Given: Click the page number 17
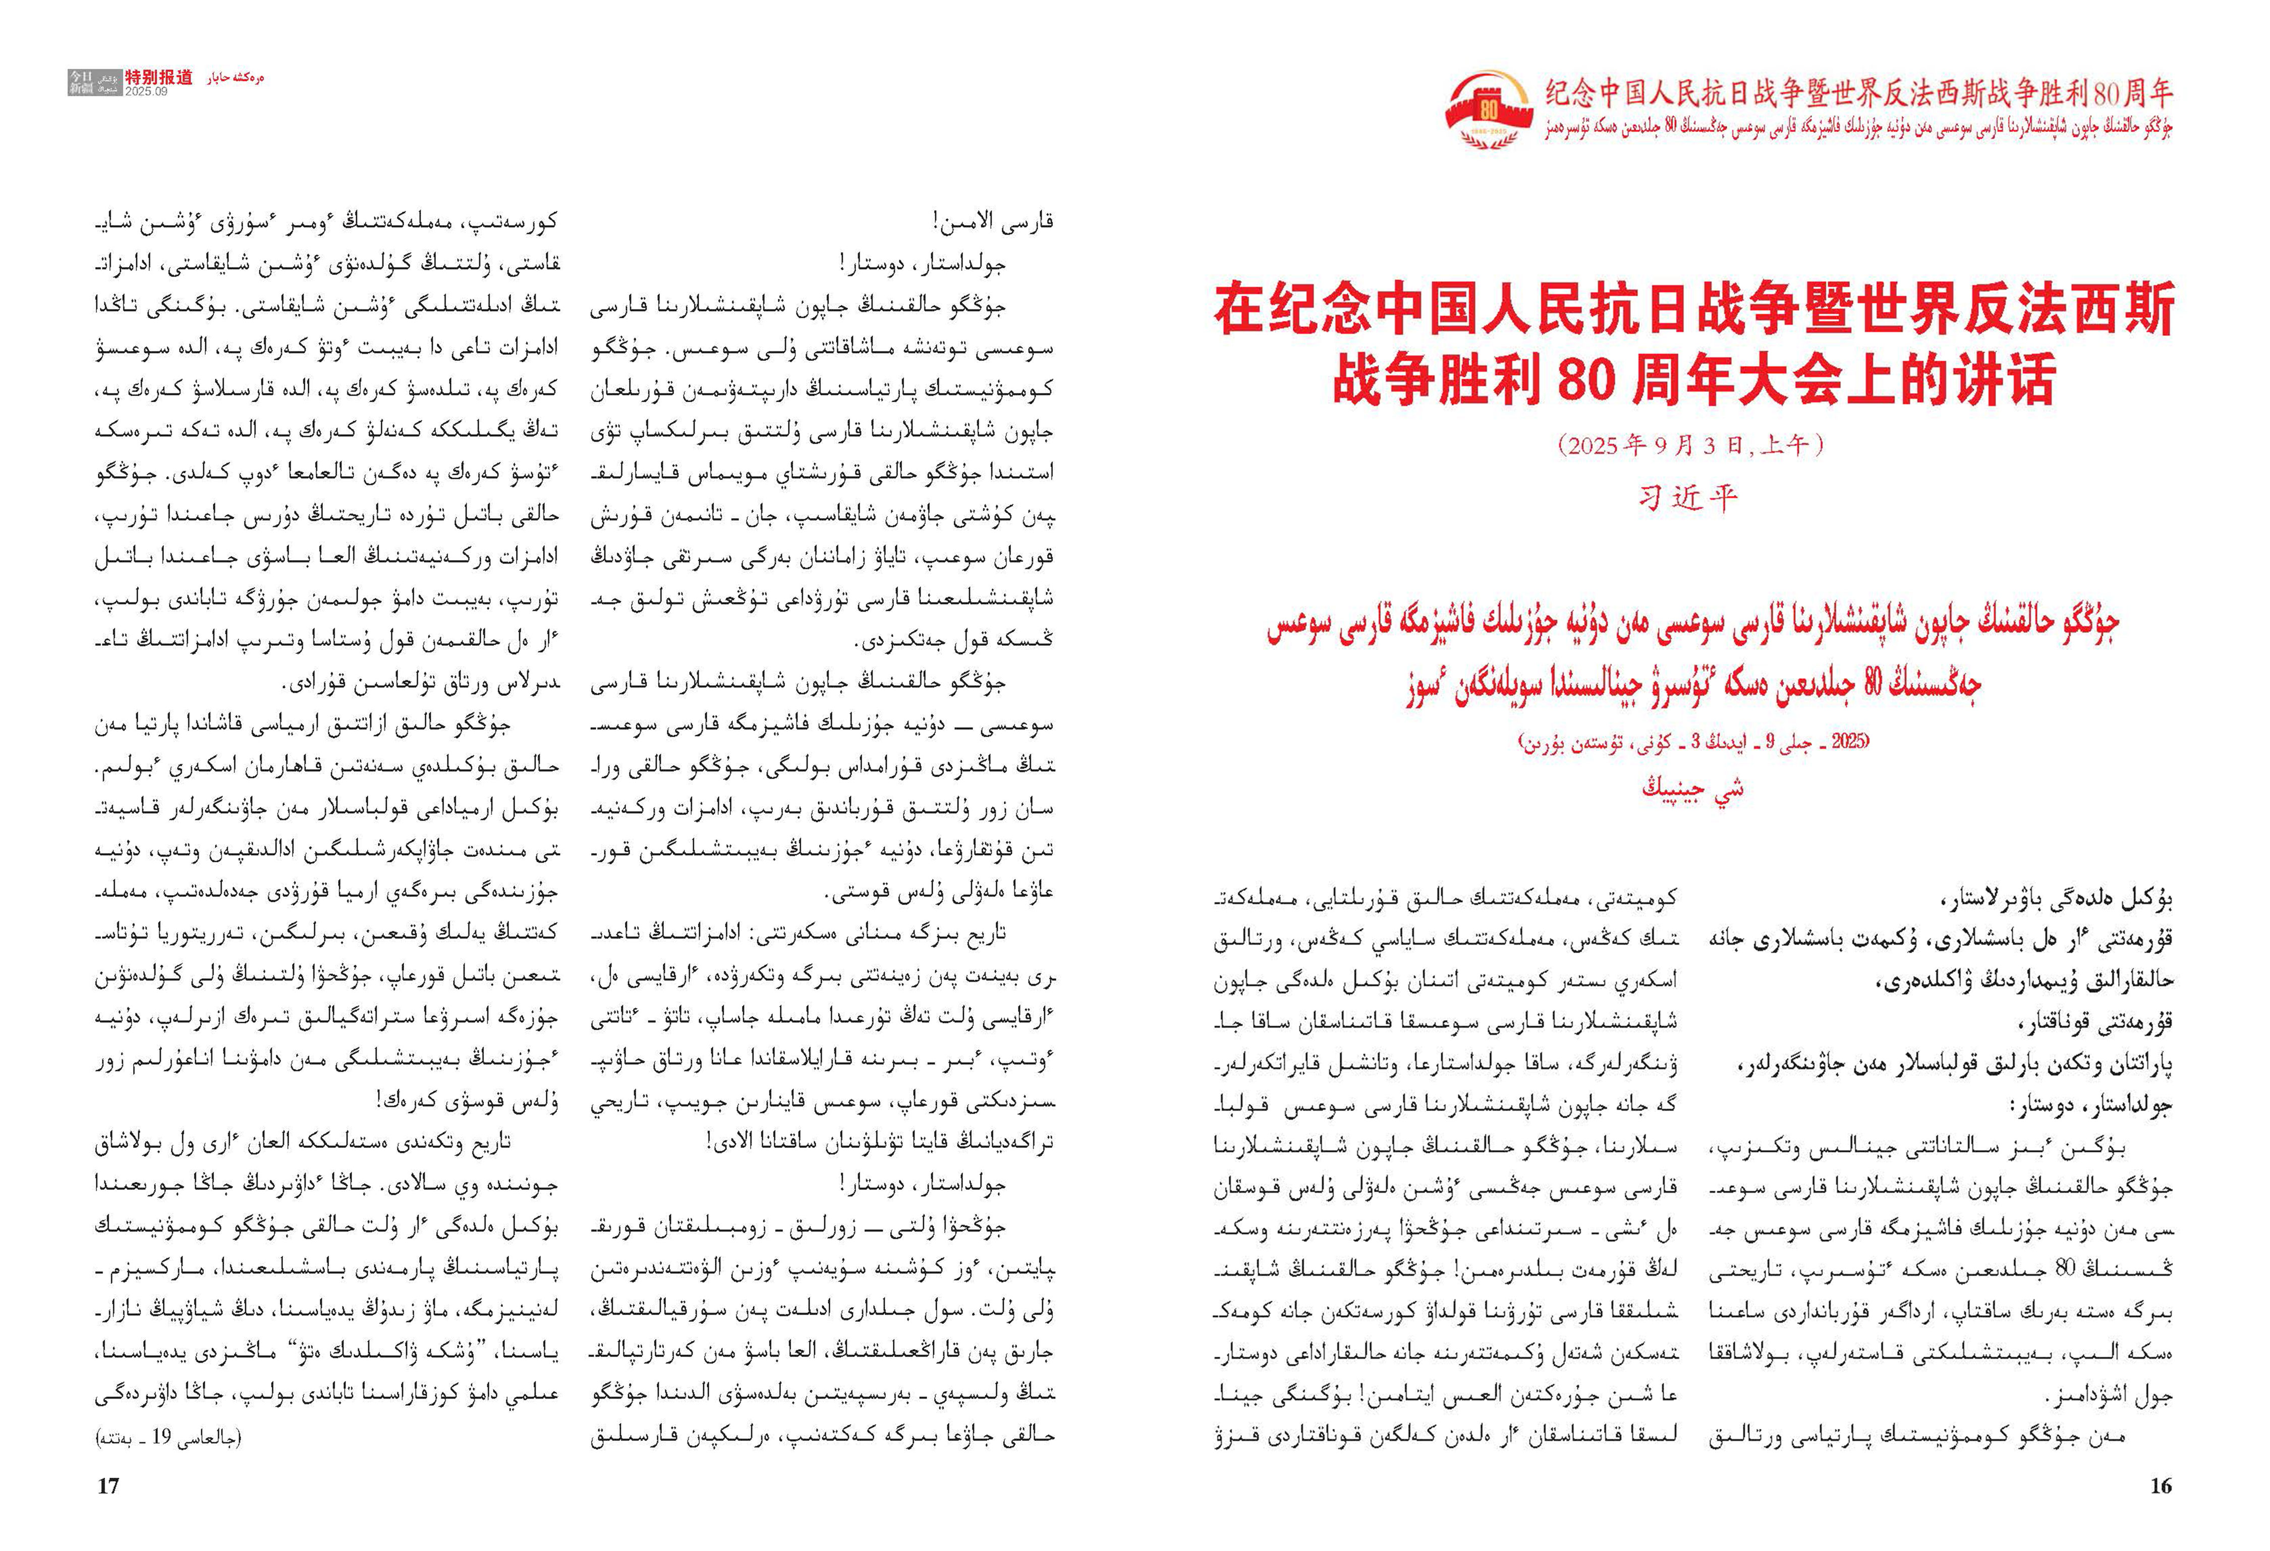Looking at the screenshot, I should [107, 1485].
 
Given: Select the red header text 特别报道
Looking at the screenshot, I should [158, 77].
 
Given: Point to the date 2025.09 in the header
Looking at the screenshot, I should [146, 92].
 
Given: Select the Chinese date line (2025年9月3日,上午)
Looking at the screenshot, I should [1691, 446].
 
